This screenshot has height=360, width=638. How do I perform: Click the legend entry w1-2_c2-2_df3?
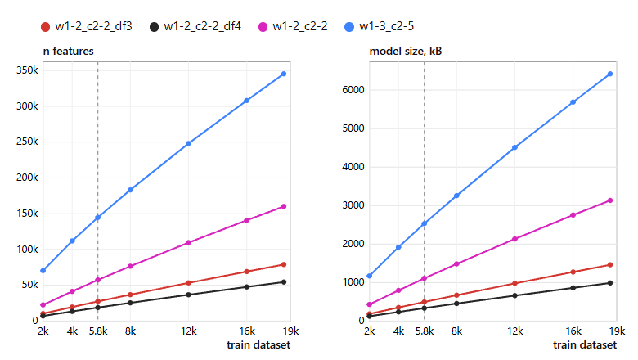click(87, 27)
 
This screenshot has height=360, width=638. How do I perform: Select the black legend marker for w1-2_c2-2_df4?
click(154, 27)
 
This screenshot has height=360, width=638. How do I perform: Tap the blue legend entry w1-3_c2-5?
click(380, 27)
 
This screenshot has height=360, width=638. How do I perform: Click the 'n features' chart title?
click(69, 52)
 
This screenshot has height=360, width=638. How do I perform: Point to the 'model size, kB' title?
click(405, 52)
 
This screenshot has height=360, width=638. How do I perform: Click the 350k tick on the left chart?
click(27, 70)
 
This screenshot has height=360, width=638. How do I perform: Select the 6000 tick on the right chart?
click(353, 90)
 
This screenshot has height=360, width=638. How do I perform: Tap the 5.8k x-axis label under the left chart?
click(98, 331)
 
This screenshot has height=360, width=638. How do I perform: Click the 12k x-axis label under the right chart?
click(514, 331)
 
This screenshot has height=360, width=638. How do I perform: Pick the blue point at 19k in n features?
click(284, 74)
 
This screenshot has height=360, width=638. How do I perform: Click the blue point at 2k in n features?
click(43, 271)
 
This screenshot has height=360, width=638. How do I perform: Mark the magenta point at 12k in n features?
click(188, 243)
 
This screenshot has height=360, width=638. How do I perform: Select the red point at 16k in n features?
click(246, 272)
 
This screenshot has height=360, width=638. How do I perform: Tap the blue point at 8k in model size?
click(456, 196)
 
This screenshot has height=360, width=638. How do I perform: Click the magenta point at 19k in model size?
click(610, 200)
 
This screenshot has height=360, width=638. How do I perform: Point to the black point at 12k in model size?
click(514, 295)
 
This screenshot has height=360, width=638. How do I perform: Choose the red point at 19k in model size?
click(610, 265)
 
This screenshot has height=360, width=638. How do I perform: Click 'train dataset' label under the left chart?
click(258, 345)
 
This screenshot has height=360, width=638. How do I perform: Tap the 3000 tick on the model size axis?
click(353, 205)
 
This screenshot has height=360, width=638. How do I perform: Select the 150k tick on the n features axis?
click(27, 214)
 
